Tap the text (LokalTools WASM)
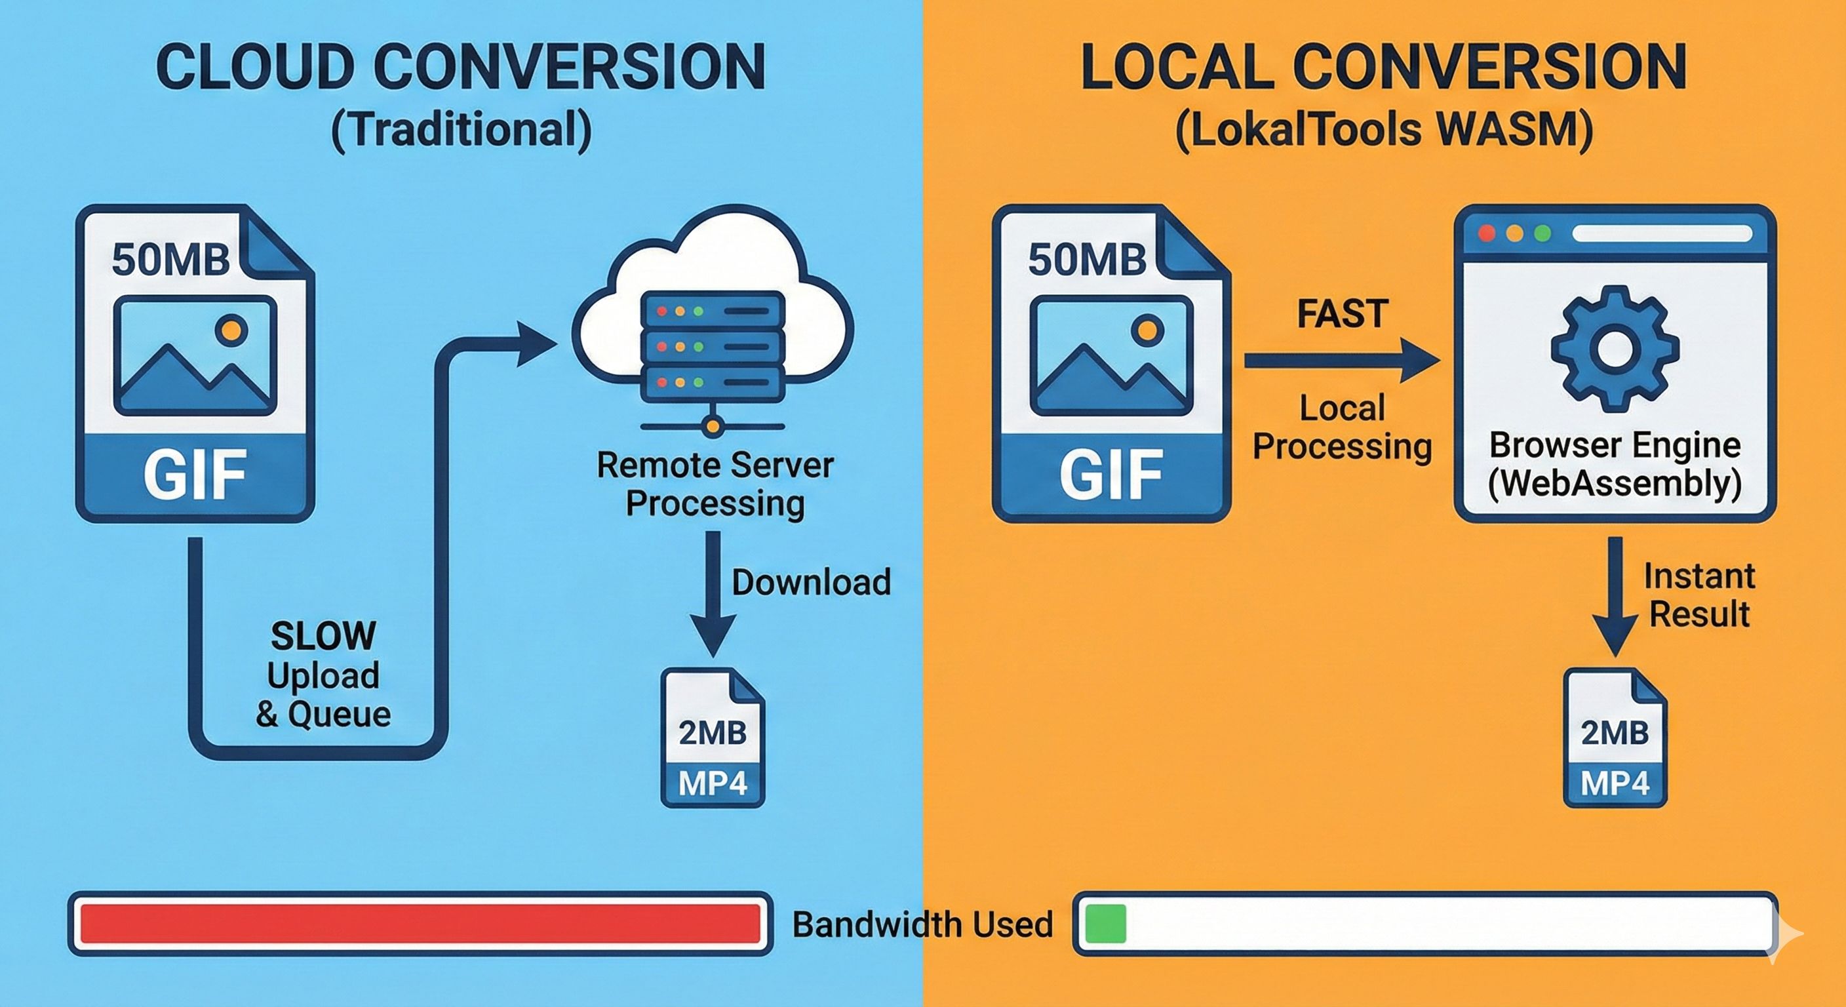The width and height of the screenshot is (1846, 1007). (x=1384, y=130)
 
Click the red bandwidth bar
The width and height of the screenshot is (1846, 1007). (x=420, y=924)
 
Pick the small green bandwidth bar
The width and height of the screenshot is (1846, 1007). (x=1106, y=924)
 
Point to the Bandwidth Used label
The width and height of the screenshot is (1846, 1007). (x=922, y=924)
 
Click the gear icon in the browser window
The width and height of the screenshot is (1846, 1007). (x=1615, y=349)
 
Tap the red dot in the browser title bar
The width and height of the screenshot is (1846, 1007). (x=1487, y=233)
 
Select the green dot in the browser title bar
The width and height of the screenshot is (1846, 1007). (x=1543, y=233)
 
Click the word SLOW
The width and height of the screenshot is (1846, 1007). (x=323, y=636)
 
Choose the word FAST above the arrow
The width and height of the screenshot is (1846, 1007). (x=1343, y=314)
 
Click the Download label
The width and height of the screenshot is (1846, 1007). (x=810, y=582)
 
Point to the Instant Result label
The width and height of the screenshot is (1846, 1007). (x=1699, y=595)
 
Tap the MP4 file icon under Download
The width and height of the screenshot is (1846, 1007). (x=713, y=738)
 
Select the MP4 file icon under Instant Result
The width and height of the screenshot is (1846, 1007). (x=1615, y=738)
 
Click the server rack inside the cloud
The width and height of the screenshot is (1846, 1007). (x=713, y=347)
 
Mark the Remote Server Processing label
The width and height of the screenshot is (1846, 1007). (x=715, y=484)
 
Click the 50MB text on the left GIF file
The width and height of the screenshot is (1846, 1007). (x=170, y=260)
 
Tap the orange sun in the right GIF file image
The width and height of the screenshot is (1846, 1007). (x=1147, y=330)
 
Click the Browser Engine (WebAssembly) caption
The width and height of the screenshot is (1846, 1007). (x=1615, y=464)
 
